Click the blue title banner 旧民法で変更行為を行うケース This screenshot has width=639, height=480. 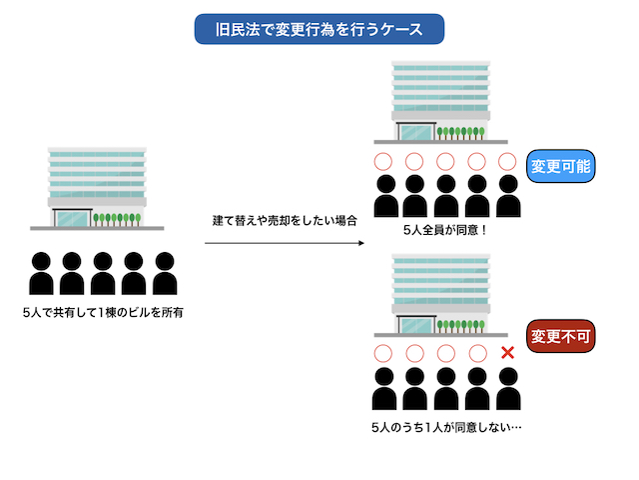tap(319, 29)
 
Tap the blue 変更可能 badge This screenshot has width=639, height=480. tap(561, 167)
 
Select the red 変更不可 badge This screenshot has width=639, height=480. tap(561, 336)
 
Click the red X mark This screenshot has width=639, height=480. tap(508, 352)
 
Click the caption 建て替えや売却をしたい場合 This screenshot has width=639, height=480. tap(285, 220)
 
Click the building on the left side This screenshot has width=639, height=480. tap(97, 189)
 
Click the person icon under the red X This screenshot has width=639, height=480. tap(508, 389)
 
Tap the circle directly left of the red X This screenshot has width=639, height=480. tap(477, 352)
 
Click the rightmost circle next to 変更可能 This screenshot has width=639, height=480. tap(508, 161)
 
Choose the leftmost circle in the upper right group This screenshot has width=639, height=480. tap(381, 161)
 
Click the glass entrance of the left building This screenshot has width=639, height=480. tap(72, 218)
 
